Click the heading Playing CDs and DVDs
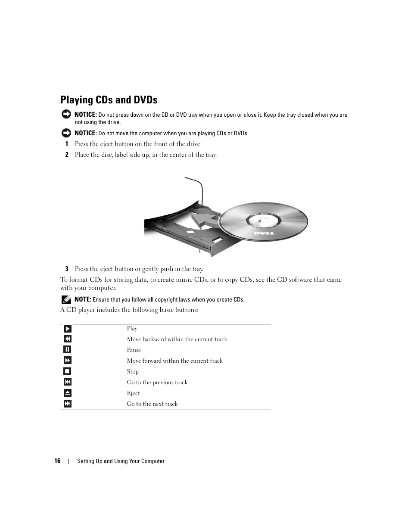coord(109,100)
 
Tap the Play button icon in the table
coord(67,329)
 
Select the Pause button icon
coord(67,350)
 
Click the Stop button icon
coord(67,371)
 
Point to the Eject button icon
coord(67,393)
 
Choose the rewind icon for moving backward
coord(67,339)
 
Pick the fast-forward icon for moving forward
coord(67,361)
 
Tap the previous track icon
coord(67,382)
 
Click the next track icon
coord(67,404)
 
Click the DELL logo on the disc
coord(262,233)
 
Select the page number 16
coord(57,461)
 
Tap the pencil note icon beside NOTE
coord(66,299)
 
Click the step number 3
coord(67,269)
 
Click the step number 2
coord(67,155)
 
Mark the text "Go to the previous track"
coord(157,383)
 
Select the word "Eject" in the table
coord(133,393)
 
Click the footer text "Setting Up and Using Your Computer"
coord(121,461)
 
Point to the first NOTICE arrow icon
coord(66,114)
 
